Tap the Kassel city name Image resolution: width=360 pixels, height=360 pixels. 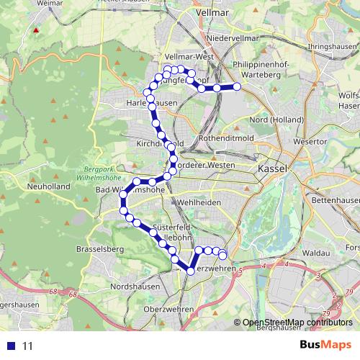[271, 168]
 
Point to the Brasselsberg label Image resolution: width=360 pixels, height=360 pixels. [100, 249]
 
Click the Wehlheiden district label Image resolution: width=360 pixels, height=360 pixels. [201, 202]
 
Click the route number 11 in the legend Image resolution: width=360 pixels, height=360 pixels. [28, 346]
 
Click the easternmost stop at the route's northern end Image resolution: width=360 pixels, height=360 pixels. [236, 87]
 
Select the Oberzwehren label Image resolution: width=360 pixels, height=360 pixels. [169, 309]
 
